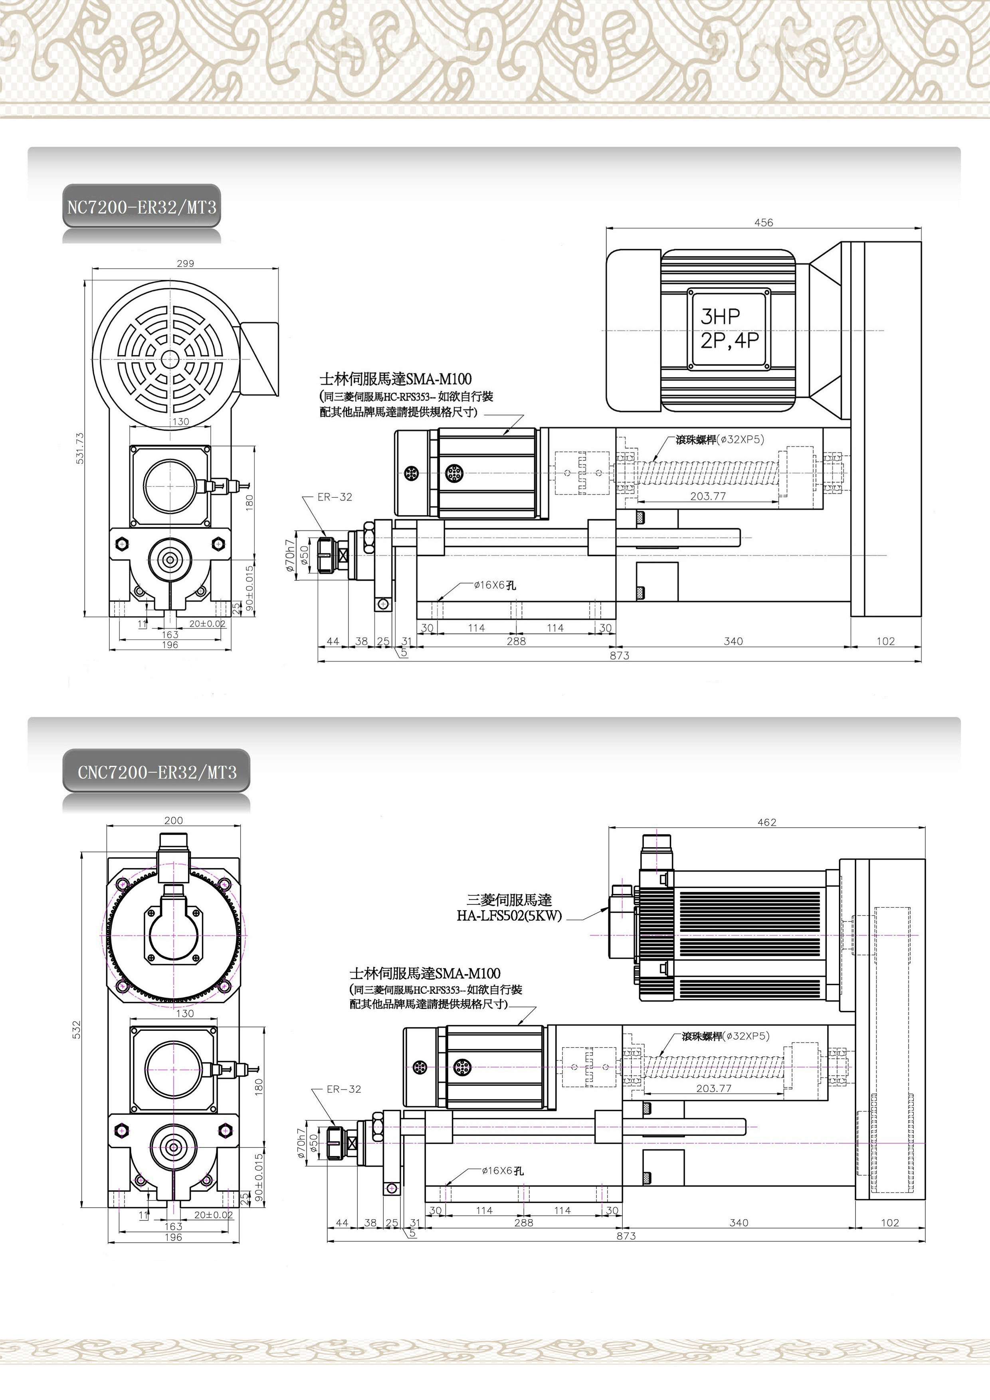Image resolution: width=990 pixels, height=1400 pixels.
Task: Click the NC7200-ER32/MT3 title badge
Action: pyautogui.click(x=142, y=207)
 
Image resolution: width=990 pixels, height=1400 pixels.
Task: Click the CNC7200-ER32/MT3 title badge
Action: pyautogui.click(x=157, y=772)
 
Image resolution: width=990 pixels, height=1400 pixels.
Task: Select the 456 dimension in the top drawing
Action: pyautogui.click(x=763, y=223)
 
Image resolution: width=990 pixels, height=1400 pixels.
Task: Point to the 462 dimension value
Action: pyautogui.click(x=767, y=822)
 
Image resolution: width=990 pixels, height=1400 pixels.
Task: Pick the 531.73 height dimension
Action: pyautogui.click(x=80, y=448)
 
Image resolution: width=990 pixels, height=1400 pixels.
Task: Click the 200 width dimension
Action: pyautogui.click(x=173, y=820)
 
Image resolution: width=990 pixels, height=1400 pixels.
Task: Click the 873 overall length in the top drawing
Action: pyautogui.click(x=619, y=655)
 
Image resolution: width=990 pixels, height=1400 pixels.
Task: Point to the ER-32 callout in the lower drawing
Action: pyautogui.click(x=344, y=1088)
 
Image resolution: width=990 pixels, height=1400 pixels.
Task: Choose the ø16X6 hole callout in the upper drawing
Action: pyautogui.click(x=495, y=585)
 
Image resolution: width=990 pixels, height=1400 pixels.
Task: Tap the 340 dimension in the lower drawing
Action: pyautogui.click(x=739, y=1222)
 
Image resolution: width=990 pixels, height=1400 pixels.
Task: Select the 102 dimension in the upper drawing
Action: pyautogui.click(x=885, y=641)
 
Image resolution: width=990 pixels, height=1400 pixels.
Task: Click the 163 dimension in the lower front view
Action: pyautogui.click(x=173, y=1226)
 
